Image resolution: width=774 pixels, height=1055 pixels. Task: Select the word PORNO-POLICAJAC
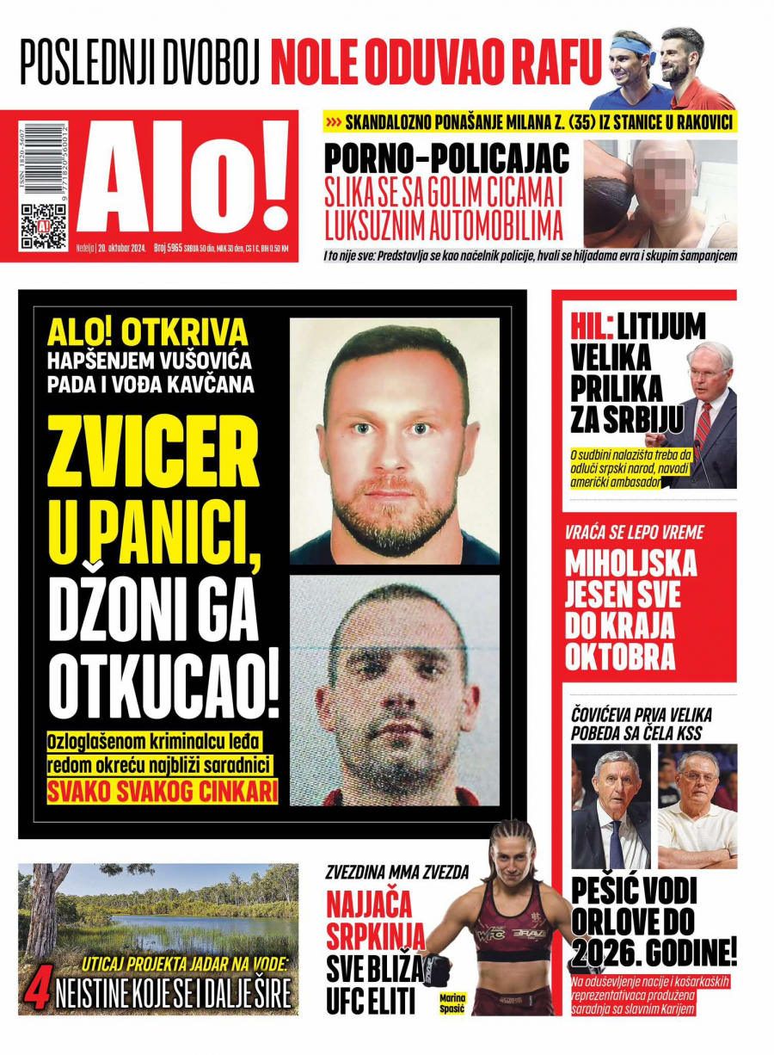tap(446, 160)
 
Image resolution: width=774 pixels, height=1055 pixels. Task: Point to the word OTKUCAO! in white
tap(163, 688)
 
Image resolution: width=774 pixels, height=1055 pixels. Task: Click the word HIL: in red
tap(592, 325)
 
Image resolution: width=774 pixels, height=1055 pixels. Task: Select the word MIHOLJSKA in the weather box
tap(630, 565)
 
